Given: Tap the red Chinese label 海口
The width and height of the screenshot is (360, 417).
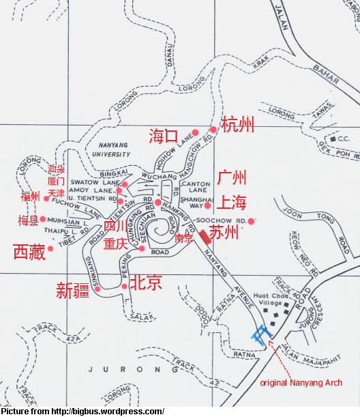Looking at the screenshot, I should (x=164, y=136).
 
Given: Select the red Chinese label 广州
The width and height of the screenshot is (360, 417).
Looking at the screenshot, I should (x=232, y=179).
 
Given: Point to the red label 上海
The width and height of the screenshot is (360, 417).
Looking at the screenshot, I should (x=232, y=203).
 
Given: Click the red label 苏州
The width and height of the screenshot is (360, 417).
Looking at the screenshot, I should (x=224, y=233).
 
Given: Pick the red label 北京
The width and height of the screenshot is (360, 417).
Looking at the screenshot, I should (x=145, y=282).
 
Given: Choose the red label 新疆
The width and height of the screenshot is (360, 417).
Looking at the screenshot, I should (x=72, y=291).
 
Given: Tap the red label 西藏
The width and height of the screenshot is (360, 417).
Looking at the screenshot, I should (x=29, y=252).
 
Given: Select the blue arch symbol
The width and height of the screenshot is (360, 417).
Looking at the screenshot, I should (x=260, y=334).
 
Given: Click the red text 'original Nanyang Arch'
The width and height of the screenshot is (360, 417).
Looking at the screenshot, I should (x=301, y=382).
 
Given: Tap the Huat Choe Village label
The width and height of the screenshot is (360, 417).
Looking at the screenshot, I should (x=271, y=301).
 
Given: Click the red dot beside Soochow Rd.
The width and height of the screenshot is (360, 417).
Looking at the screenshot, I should (x=251, y=220).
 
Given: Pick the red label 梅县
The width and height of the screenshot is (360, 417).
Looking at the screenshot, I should (x=28, y=220).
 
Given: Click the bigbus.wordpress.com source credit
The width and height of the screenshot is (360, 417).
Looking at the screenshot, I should (x=82, y=411).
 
